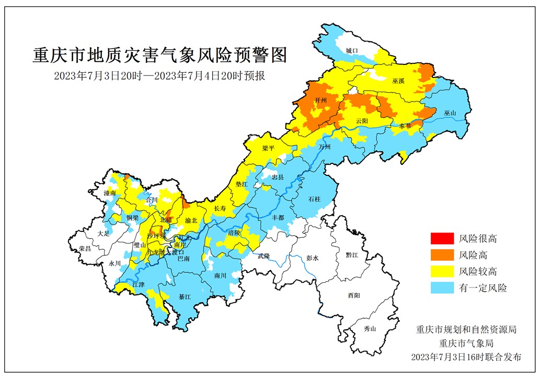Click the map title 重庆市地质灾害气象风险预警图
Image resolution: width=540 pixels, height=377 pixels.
point(160,55)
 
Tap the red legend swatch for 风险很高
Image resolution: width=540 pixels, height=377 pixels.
point(441,238)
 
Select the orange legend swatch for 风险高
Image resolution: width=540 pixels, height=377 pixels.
point(441,255)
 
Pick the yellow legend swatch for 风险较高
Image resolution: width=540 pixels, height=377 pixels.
point(441,271)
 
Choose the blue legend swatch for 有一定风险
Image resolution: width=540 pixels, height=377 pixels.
point(441,287)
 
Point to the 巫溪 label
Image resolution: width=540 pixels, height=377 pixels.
point(398,82)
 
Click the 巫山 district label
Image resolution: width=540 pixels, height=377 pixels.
point(450,113)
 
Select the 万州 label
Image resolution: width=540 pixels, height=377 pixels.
point(325,147)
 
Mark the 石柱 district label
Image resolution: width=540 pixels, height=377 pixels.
point(314,199)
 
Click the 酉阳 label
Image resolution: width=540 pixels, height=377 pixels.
point(354,295)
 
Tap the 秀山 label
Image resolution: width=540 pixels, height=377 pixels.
point(370,328)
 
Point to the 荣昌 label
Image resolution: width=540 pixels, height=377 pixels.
point(85,248)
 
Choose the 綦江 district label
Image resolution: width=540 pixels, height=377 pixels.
point(185,296)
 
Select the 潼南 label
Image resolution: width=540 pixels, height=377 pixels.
point(110,193)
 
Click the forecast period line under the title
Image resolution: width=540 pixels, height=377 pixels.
point(160,76)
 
